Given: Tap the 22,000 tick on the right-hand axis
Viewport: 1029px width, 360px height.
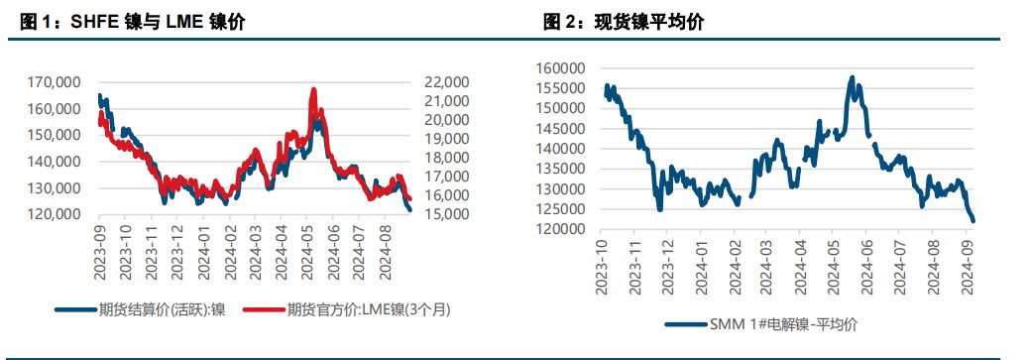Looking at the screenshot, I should point(445,81).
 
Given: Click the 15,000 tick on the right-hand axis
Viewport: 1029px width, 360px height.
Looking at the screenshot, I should point(445,214).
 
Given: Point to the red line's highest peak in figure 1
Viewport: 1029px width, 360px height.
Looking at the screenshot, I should point(313,89).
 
